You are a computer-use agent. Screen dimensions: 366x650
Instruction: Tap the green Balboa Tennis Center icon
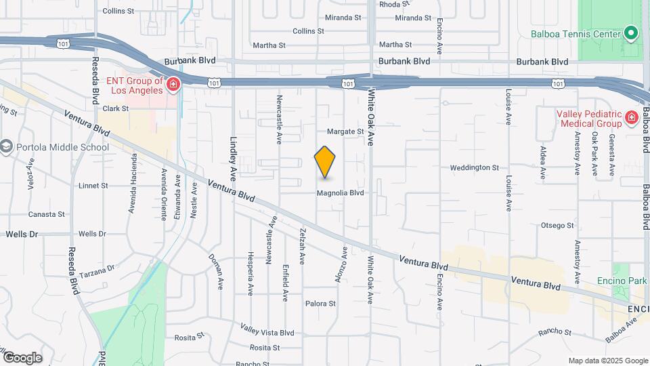631,33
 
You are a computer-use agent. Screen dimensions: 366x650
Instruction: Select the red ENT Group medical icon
173,85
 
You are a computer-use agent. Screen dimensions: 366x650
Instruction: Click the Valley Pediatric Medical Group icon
631,118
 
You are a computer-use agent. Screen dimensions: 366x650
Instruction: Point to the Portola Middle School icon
6,147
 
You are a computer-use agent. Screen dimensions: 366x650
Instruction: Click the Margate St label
345,131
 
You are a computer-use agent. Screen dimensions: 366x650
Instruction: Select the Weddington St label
474,167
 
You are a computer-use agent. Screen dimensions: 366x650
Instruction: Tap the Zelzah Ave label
301,246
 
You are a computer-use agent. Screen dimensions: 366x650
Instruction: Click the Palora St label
320,304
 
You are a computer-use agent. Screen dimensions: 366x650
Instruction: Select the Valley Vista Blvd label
267,330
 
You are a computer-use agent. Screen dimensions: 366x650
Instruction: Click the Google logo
22,357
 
